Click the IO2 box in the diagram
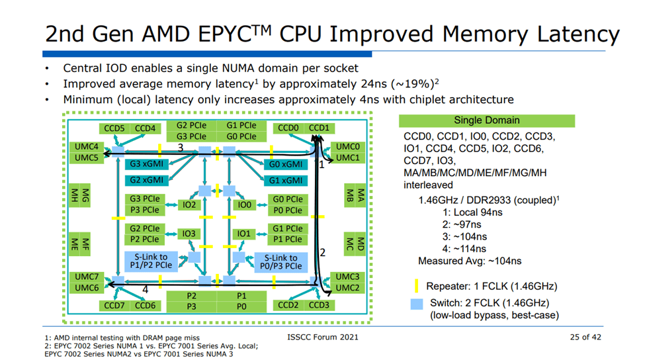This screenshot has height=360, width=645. pos(189,204)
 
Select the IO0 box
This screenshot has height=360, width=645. pos(244,204)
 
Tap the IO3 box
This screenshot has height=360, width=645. pos(189,234)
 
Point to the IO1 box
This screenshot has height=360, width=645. pos(244,234)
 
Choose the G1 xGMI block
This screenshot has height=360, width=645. pos(286,180)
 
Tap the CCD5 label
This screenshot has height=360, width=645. pos(114,128)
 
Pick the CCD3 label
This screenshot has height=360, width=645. pos(318,305)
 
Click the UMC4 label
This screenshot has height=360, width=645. pos(87,146)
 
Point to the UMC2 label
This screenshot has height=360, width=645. pos(347,288)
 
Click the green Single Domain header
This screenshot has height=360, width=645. pos(487,120)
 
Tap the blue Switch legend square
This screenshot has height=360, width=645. pos(417,304)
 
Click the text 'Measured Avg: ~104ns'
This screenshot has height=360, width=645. pos(470,261)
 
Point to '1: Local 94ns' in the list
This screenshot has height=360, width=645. pos(474,212)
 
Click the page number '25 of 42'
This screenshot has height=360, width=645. pos(585,337)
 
